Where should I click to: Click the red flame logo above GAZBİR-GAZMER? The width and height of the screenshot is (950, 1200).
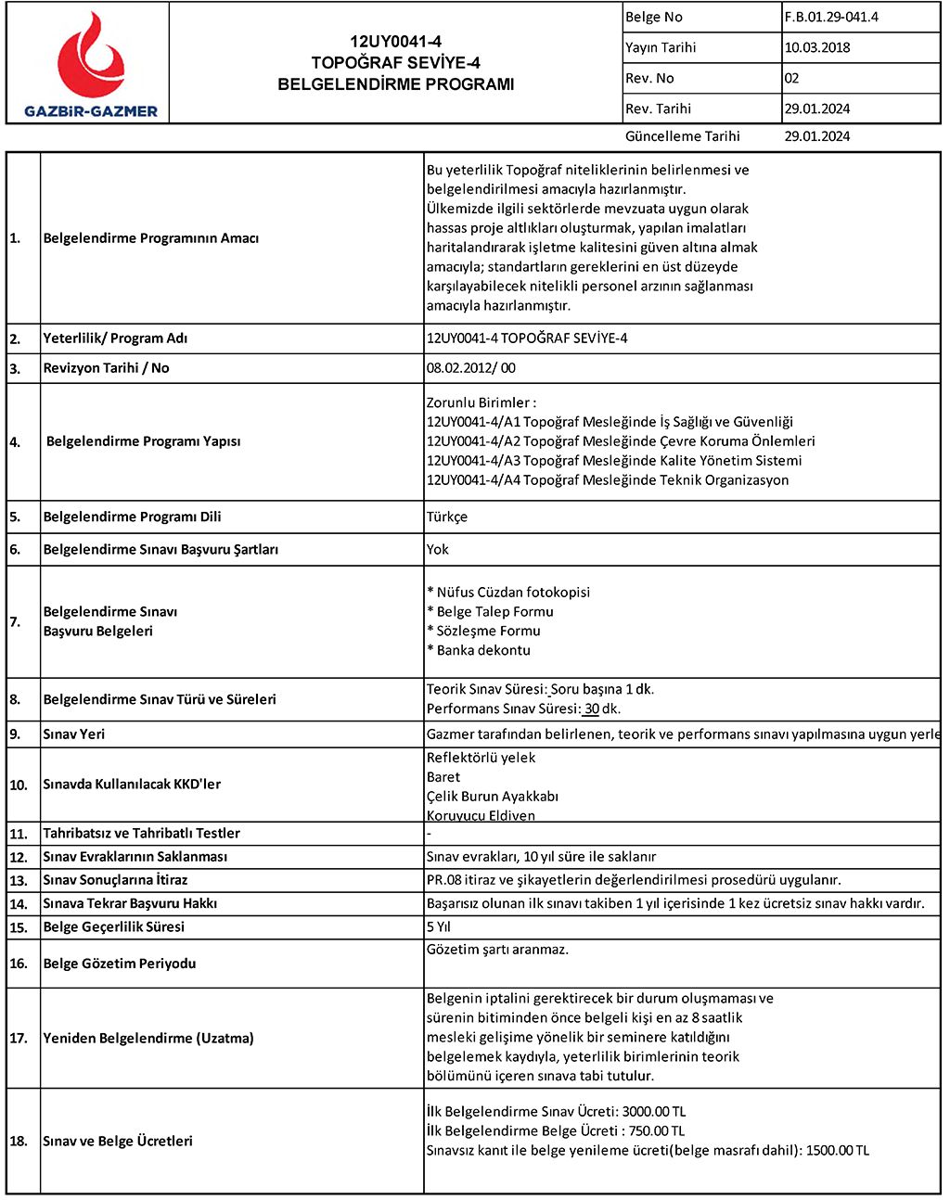point(91,56)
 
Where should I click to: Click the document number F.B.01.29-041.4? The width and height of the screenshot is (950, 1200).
point(831,17)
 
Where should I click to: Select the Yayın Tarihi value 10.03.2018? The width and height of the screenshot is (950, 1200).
point(816,47)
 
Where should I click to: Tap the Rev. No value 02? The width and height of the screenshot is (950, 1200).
point(791,78)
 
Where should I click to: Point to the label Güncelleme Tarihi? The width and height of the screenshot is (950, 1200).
point(682,136)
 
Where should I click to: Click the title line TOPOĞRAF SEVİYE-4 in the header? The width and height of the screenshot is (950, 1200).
point(395,63)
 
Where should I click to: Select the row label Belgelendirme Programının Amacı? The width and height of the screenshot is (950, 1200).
point(150,238)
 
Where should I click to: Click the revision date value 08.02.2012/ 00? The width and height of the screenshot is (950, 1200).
point(470,368)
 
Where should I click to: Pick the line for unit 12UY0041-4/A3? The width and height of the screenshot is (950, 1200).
point(613,461)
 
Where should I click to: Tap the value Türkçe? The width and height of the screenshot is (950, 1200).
point(446,517)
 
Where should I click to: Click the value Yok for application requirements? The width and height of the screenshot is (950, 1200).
point(437,549)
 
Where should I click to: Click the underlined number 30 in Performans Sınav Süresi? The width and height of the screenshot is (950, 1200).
point(591,709)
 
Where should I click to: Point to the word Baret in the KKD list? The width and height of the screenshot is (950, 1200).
point(443,777)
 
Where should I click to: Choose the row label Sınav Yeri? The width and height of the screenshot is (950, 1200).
point(73,734)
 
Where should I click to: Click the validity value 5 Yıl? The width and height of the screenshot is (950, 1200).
point(439,926)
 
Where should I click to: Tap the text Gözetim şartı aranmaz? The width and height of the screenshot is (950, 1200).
point(497,950)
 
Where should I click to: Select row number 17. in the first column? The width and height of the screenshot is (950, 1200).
point(19,1038)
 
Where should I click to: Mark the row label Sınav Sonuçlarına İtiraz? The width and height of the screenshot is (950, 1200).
point(115,879)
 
